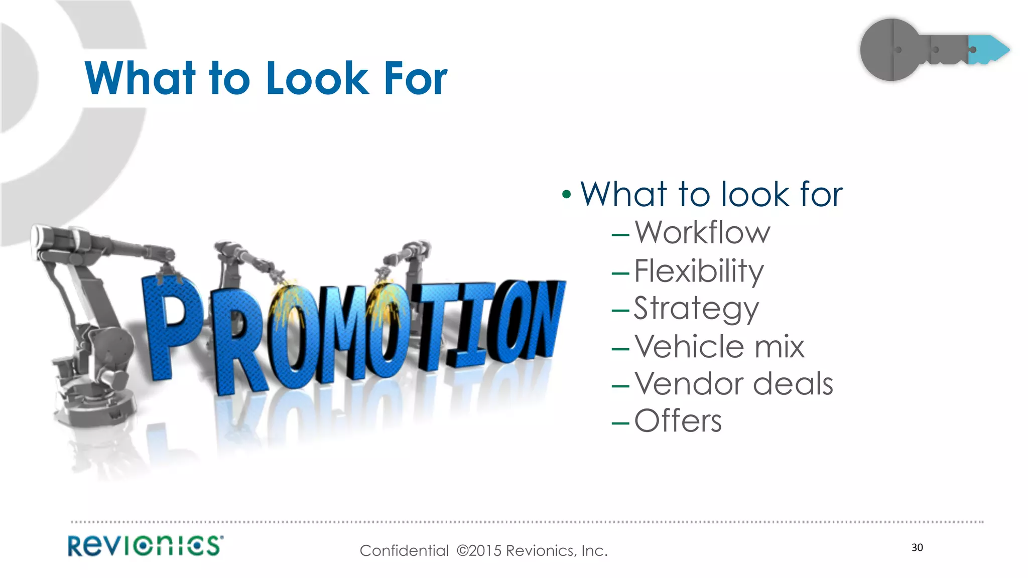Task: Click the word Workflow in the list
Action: click(x=702, y=233)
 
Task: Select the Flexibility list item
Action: click(x=699, y=271)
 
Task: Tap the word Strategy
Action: click(x=696, y=309)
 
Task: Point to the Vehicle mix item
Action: click(x=719, y=346)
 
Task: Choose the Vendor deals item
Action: click(x=733, y=384)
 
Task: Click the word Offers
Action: click(x=678, y=421)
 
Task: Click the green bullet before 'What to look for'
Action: click(x=567, y=195)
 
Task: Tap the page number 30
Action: click(x=917, y=547)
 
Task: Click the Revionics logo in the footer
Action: click(x=146, y=546)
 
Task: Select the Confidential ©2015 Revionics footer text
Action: click(x=483, y=551)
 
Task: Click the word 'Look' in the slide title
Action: click(x=317, y=79)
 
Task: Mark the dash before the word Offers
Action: click(x=620, y=423)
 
